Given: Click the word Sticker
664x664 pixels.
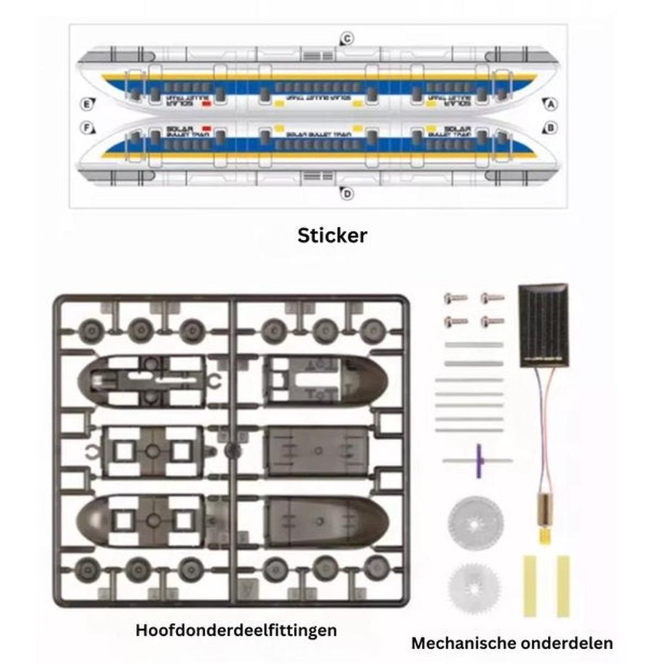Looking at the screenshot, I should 332,235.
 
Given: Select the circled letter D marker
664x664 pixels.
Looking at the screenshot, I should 347,194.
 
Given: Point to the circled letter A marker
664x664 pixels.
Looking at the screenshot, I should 551,105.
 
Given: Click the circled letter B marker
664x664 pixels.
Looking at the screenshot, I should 551,128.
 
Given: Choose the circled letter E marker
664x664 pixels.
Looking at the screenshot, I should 87,105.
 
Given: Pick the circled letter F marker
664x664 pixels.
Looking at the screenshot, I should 87,128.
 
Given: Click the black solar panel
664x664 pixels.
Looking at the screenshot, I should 543,325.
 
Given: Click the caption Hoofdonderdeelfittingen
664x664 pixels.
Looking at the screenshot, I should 236,630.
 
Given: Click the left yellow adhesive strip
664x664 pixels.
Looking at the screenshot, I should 529,585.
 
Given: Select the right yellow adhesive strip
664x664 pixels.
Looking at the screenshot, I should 563,585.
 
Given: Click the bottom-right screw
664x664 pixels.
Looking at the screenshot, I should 492,321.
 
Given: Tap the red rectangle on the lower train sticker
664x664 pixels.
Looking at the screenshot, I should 207,128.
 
